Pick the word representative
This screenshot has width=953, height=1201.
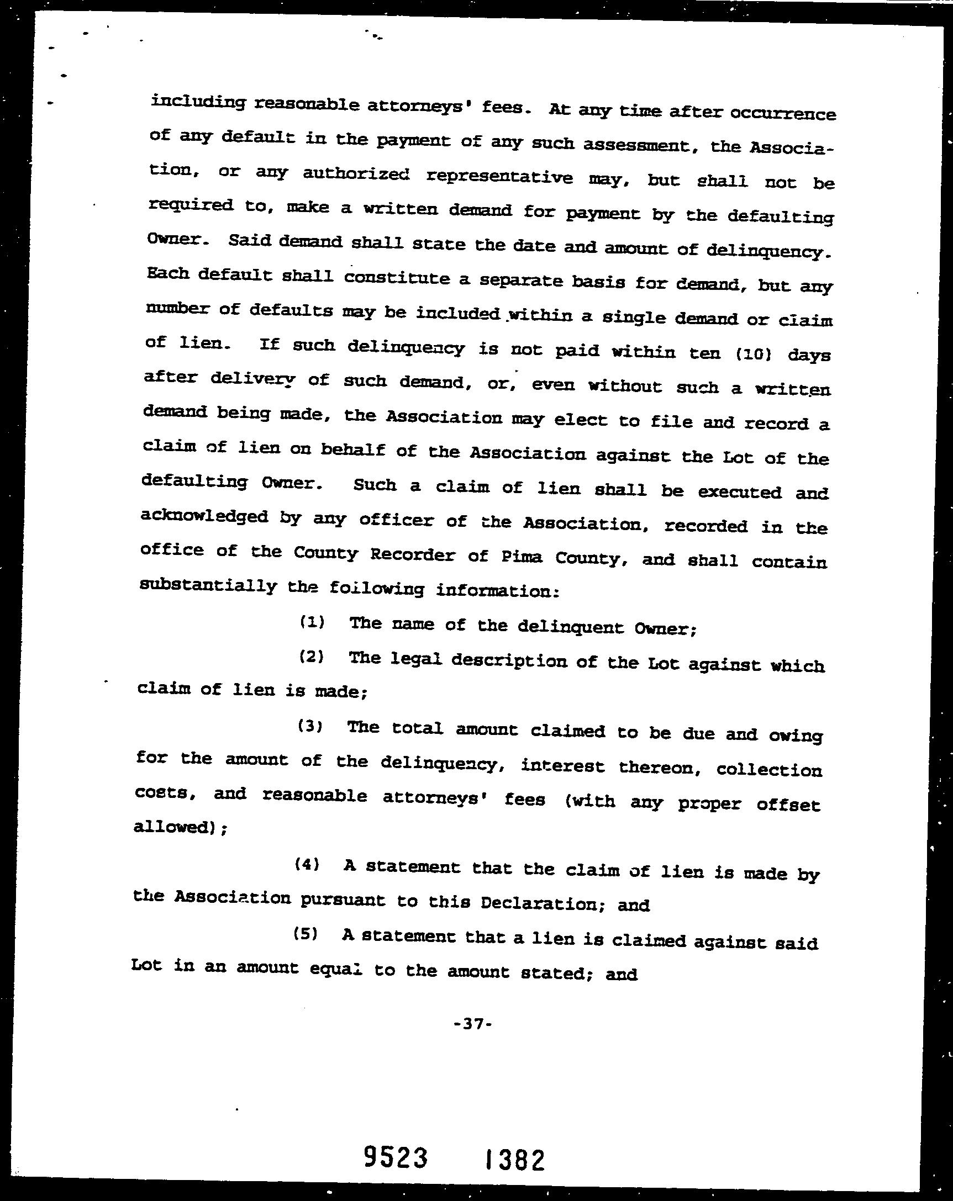499,177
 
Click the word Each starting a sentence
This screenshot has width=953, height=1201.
168,273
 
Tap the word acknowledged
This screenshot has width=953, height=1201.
204,516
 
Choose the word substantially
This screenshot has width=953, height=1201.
208,585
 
